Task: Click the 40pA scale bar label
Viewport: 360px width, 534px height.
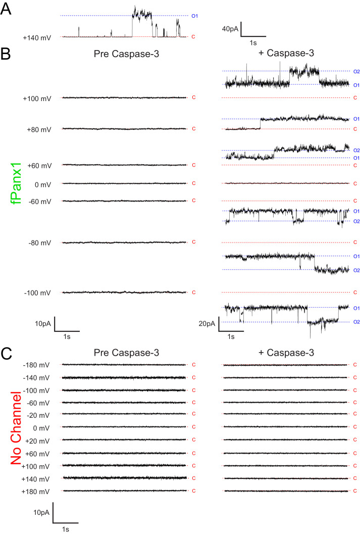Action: (230, 29)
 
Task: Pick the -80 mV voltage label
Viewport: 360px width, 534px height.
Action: (39, 243)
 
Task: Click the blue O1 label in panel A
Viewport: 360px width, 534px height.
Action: (194, 16)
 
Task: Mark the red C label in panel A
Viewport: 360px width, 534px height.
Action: (194, 37)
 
